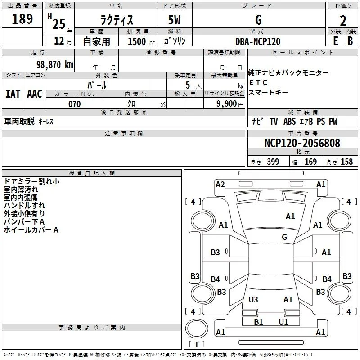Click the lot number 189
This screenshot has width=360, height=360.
[22, 18]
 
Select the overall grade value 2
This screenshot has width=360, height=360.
[343, 21]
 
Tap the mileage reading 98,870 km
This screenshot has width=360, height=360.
[54, 65]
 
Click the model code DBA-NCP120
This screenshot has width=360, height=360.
[258, 41]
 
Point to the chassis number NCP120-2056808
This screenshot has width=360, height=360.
[302, 143]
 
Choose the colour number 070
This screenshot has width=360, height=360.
[74, 104]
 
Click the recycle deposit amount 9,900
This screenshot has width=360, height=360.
[227, 104]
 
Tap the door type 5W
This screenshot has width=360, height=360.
[174, 20]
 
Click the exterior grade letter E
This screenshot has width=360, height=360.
[336, 41]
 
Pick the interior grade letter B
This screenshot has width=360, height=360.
[350, 41]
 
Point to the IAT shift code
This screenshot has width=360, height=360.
[13, 94]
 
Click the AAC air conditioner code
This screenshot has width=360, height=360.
[35, 94]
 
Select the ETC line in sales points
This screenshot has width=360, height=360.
[258, 82]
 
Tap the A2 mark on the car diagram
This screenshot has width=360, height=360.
[220, 184]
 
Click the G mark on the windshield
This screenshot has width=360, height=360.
[284, 237]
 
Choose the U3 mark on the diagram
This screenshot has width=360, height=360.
[253, 300]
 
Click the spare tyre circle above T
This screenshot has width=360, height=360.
[197, 328]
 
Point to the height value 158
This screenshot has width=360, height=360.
[346, 162]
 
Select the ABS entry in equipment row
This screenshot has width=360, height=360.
[289, 121]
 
